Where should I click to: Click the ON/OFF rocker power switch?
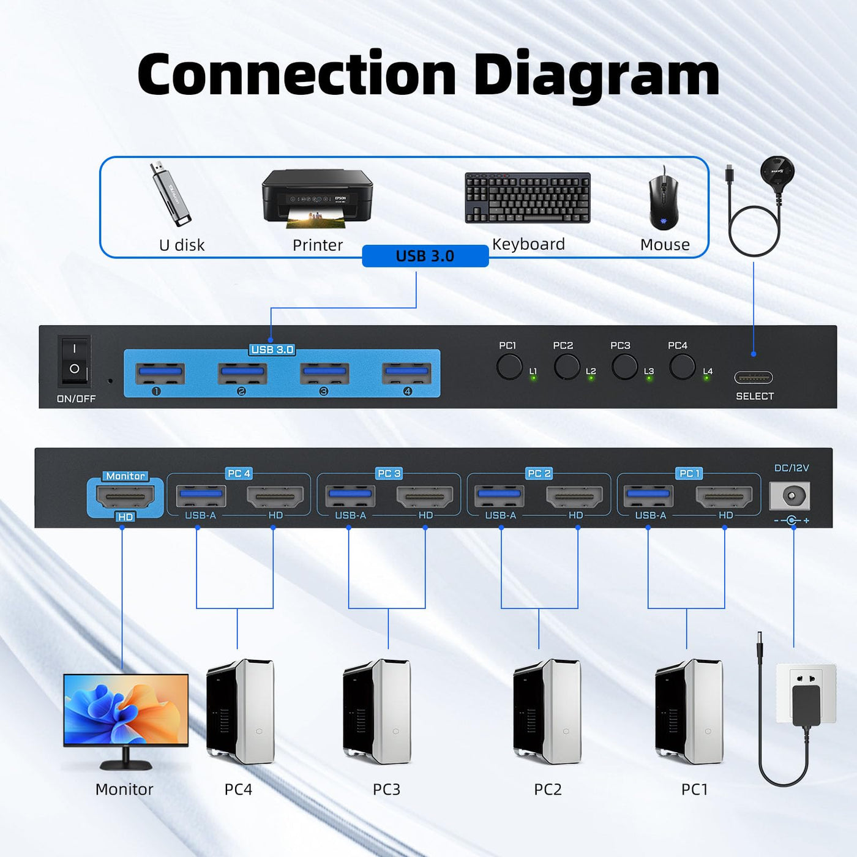tap(74, 362)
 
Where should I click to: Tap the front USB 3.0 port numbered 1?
tap(160, 373)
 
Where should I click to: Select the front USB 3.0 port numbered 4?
tap(406, 373)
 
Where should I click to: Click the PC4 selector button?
tap(682, 367)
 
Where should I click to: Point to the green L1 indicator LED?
tap(533, 378)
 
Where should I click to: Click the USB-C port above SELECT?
tap(754, 378)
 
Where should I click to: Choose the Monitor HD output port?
tap(125, 496)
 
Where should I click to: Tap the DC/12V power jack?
tap(790, 496)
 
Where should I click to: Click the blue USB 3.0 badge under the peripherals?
tap(425, 256)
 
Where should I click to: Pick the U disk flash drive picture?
tap(170, 193)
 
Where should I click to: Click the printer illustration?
tap(318, 198)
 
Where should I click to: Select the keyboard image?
tap(528, 198)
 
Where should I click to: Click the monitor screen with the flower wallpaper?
tap(126, 709)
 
